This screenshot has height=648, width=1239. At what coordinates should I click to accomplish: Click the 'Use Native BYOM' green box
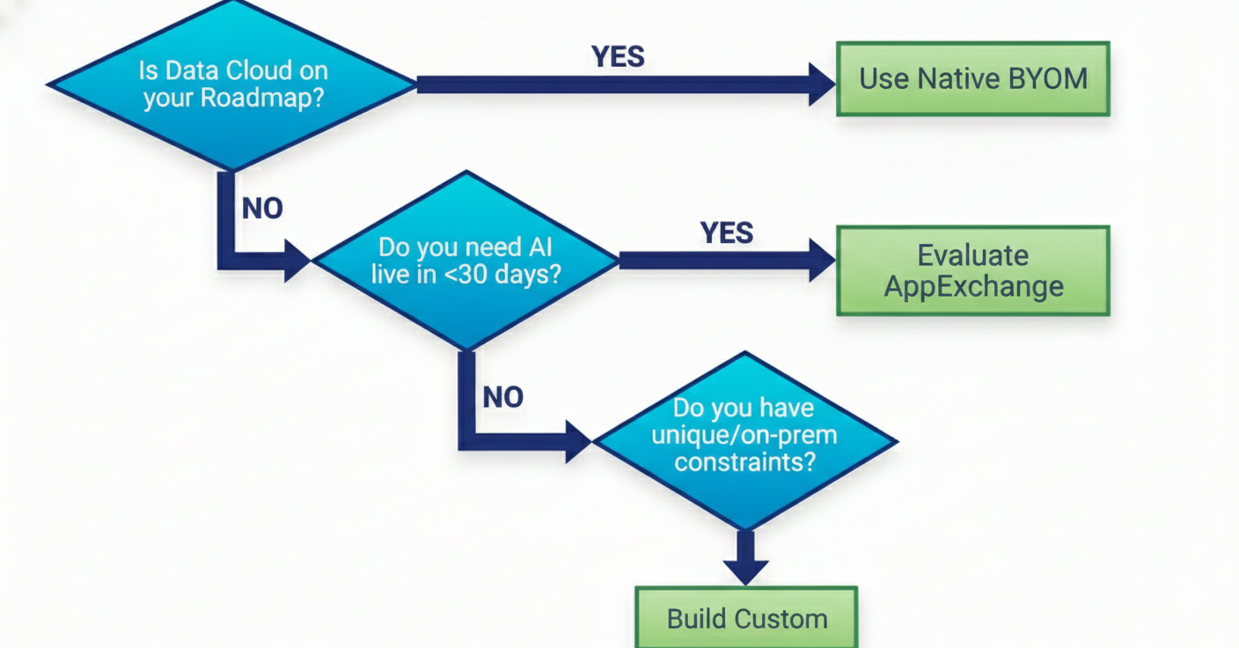[x=972, y=78]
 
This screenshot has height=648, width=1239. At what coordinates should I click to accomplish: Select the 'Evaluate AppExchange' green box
[x=972, y=271]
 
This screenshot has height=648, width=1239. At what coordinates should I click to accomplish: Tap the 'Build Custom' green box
[x=746, y=618]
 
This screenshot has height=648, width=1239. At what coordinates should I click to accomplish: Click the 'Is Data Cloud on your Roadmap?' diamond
[x=231, y=84]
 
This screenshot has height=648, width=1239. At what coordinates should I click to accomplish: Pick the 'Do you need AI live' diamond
[x=466, y=260]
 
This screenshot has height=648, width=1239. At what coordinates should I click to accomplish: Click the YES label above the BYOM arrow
[x=618, y=56]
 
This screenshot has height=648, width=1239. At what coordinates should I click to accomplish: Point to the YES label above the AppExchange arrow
[x=727, y=232]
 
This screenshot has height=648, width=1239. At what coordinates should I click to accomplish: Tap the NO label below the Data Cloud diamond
[x=262, y=209]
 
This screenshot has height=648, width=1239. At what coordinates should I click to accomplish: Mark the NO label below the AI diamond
[x=502, y=397]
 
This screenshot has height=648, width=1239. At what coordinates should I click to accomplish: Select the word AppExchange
[x=973, y=287]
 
